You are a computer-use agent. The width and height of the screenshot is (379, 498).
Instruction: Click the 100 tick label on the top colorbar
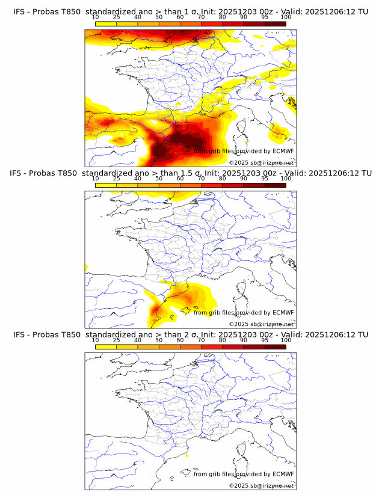tap(286, 17)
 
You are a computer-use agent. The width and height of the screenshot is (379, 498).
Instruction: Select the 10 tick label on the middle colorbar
tap(95, 179)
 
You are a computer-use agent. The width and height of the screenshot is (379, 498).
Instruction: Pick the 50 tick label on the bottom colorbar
tap(159, 340)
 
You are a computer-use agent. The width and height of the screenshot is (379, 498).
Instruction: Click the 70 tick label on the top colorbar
tap(201, 17)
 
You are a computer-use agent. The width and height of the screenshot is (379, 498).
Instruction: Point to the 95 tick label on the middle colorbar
tap(265, 179)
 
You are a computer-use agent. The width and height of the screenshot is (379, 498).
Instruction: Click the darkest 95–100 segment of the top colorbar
tap(275, 23)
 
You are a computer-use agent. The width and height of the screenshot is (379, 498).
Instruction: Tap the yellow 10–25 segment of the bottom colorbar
tap(105, 347)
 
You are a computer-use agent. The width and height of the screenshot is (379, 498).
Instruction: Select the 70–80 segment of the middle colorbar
tap(211, 185)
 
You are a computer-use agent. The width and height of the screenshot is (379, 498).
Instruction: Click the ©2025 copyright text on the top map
tap(261, 162)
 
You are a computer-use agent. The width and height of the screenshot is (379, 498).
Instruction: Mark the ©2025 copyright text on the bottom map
tap(261, 485)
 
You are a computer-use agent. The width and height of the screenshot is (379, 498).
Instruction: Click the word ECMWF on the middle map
tap(283, 312)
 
